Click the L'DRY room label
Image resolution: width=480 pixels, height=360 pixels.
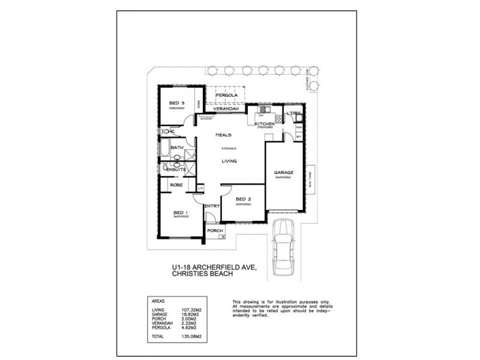coord(293,113)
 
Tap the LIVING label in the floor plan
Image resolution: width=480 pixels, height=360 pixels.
coord(229,161)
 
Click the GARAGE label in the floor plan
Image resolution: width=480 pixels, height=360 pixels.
coord(284,172)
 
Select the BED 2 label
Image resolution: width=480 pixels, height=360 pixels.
coord(243,199)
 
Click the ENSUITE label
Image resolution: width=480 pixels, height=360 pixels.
coord(176,170)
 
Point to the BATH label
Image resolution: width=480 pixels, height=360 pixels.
coord(177,148)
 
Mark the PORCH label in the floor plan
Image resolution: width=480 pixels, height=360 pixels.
coord(215,230)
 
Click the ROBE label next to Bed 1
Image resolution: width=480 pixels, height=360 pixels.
coord(176,185)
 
